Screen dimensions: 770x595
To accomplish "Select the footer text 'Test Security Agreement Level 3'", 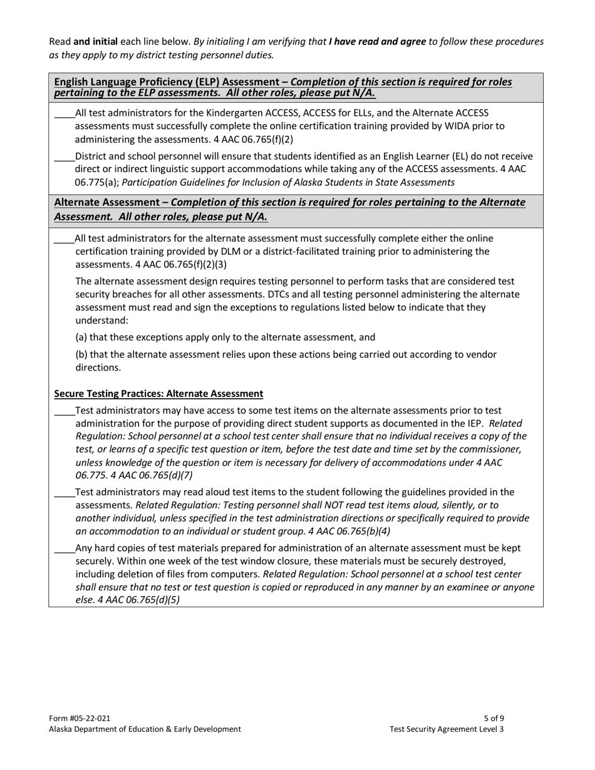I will pos(446,729).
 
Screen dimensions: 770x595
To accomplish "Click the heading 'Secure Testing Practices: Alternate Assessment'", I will pos(158,394).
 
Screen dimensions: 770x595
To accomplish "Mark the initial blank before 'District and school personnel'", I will pos(64,157).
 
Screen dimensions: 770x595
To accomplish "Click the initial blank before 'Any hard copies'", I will pos(64,549).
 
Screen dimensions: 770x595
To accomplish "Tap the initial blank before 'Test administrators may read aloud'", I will pos(64,493).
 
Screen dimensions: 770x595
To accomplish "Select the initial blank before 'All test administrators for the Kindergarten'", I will pos(64,114).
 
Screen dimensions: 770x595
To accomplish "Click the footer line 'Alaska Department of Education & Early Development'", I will pos(145,729).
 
